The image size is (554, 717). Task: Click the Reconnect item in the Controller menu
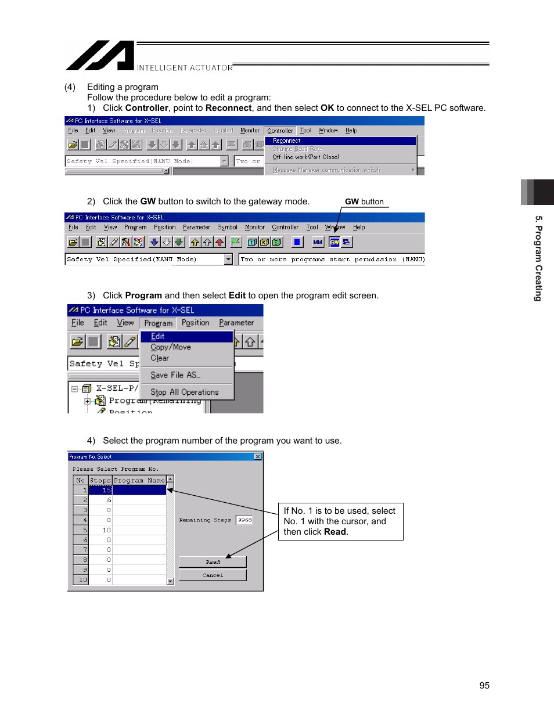[287, 140]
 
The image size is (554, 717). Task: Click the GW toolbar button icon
[334, 242]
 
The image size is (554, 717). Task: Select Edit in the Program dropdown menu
[158, 336]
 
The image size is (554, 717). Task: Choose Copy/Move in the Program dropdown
[171, 347]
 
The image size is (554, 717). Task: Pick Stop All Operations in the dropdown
[185, 392]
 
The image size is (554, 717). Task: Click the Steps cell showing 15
[100, 490]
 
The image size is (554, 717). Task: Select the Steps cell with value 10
[100, 530]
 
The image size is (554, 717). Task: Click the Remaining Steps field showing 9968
[244, 520]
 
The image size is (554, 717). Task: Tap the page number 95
[484, 686]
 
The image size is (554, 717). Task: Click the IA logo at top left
[100, 56]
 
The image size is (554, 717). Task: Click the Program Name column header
[139, 480]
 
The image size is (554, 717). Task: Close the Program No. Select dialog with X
[258, 457]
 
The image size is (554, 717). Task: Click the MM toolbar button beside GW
[318, 242]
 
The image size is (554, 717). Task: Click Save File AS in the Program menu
[175, 375]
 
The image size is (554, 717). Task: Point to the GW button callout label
[364, 201]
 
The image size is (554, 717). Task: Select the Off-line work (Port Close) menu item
[306, 157]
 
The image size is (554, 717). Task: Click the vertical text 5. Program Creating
[538, 258]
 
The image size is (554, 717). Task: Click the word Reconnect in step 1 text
[228, 108]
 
